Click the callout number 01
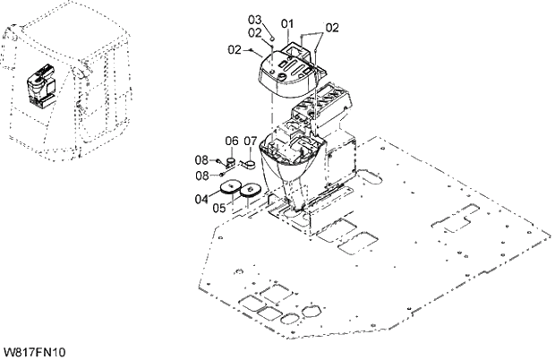287,22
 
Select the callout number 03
253,20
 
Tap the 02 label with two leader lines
332,28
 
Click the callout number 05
219,208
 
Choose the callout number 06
230,141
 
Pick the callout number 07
250,141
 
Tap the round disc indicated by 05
250,190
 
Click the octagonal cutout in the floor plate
312,310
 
